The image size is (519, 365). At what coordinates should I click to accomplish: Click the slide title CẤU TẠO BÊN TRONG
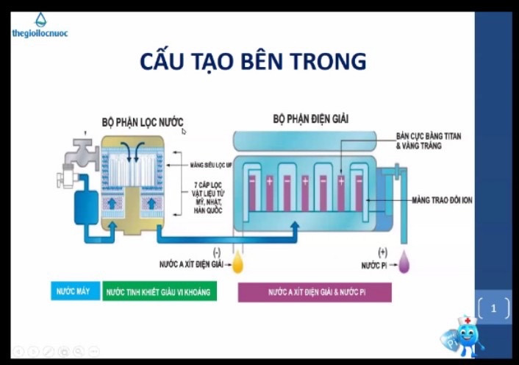[253, 62]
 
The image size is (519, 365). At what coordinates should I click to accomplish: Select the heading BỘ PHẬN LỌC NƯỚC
[142, 121]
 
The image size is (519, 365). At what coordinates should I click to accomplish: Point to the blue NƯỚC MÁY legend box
[74, 292]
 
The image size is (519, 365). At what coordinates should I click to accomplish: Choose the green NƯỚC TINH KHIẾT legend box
[158, 292]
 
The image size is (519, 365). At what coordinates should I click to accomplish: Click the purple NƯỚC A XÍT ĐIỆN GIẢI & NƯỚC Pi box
[315, 292]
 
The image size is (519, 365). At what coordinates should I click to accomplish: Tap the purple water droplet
[404, 264]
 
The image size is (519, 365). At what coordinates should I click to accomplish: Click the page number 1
[493, 308]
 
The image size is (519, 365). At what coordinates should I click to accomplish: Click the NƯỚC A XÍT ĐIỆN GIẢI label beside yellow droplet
[190, 263]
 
